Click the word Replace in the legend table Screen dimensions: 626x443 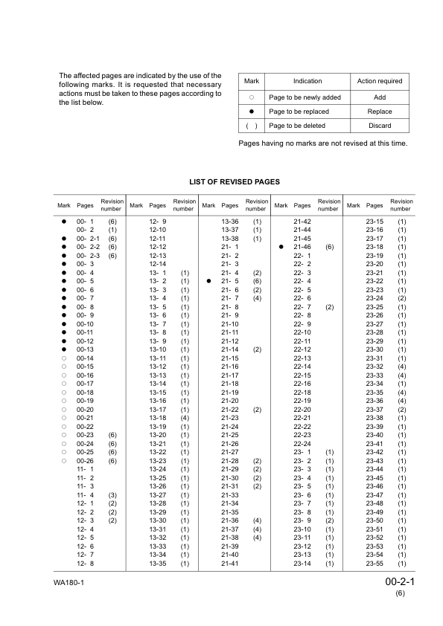[x=380, y=112]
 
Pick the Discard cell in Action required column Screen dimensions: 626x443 [x=380, y=126]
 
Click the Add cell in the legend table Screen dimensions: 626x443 [x=380, y=97]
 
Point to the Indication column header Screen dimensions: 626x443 [x=307, y=81]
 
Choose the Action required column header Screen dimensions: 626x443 [x=380, y=81]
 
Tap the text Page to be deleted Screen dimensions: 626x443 [x=297, y=126]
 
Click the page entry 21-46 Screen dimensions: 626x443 [x=302, y=246]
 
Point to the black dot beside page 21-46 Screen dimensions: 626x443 [x=281, y=246]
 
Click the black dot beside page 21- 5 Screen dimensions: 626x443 [x=209, y=282]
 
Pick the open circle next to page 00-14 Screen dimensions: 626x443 [x=64, y=358]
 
